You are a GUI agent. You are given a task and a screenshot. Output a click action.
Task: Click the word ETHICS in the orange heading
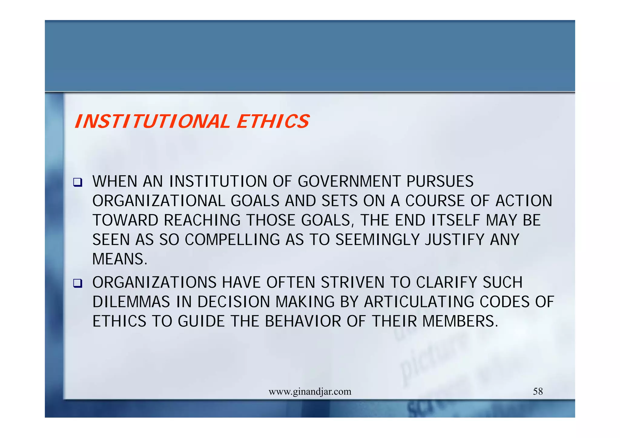[x=273, y=122]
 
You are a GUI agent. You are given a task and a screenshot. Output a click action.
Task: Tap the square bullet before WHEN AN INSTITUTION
[x=78, y=182]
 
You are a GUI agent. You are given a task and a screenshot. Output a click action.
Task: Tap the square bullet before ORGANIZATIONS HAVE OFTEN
[x=78, y=283]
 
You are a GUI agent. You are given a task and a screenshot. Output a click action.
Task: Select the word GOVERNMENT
[x=349, y=181]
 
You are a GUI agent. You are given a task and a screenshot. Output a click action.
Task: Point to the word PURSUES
[x=440, y=181]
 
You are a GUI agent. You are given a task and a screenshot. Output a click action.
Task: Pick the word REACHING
[x=202, y=220]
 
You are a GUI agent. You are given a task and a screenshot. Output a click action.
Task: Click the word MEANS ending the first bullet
[x=120, y=259]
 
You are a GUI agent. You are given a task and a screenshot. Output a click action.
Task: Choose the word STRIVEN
[x=353, y=283]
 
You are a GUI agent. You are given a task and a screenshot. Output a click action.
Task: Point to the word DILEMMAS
[x=131, y=302]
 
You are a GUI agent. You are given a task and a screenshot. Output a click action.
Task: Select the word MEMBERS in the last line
[x=460, y=321]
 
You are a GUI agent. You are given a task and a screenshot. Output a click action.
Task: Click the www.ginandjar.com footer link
[x=310, y=392]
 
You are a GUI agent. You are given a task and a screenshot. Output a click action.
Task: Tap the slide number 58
[x=538, y=392]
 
